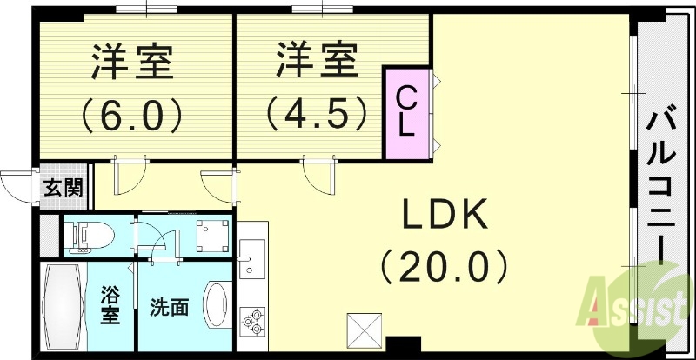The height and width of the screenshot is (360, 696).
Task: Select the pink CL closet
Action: pos(407,112)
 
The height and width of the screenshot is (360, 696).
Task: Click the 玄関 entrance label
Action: pos(64,187)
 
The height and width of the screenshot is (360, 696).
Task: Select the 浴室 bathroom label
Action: pos(110,305)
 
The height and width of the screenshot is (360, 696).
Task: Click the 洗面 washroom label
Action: pos(169,307)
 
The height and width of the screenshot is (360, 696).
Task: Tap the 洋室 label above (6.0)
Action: pos(132,63)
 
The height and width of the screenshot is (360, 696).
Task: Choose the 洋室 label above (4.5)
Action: pos(317,61)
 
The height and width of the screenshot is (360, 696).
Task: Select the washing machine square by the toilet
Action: pos(211,234)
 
